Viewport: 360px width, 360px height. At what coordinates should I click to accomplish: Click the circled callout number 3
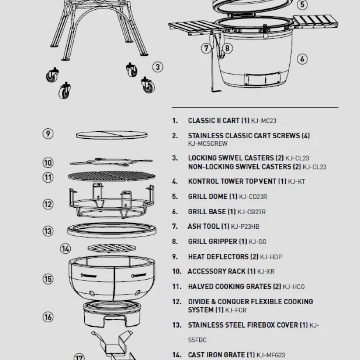point(158,67)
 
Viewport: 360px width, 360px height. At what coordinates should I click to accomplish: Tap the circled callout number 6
point(302,59)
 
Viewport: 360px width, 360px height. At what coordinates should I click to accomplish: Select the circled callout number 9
point(48,134)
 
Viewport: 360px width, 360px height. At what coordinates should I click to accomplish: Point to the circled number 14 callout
point(65,249)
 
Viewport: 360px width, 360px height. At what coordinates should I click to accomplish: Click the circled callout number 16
point(48,317)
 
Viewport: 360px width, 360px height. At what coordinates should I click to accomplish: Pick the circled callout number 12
point(48,204)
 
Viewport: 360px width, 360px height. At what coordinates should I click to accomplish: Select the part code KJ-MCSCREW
point(208,144)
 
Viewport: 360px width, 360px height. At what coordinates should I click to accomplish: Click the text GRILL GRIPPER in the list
point(212,241)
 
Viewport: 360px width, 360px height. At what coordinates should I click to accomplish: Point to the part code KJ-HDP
point(271,257)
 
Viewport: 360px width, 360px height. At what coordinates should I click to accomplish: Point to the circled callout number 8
point(227,48)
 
